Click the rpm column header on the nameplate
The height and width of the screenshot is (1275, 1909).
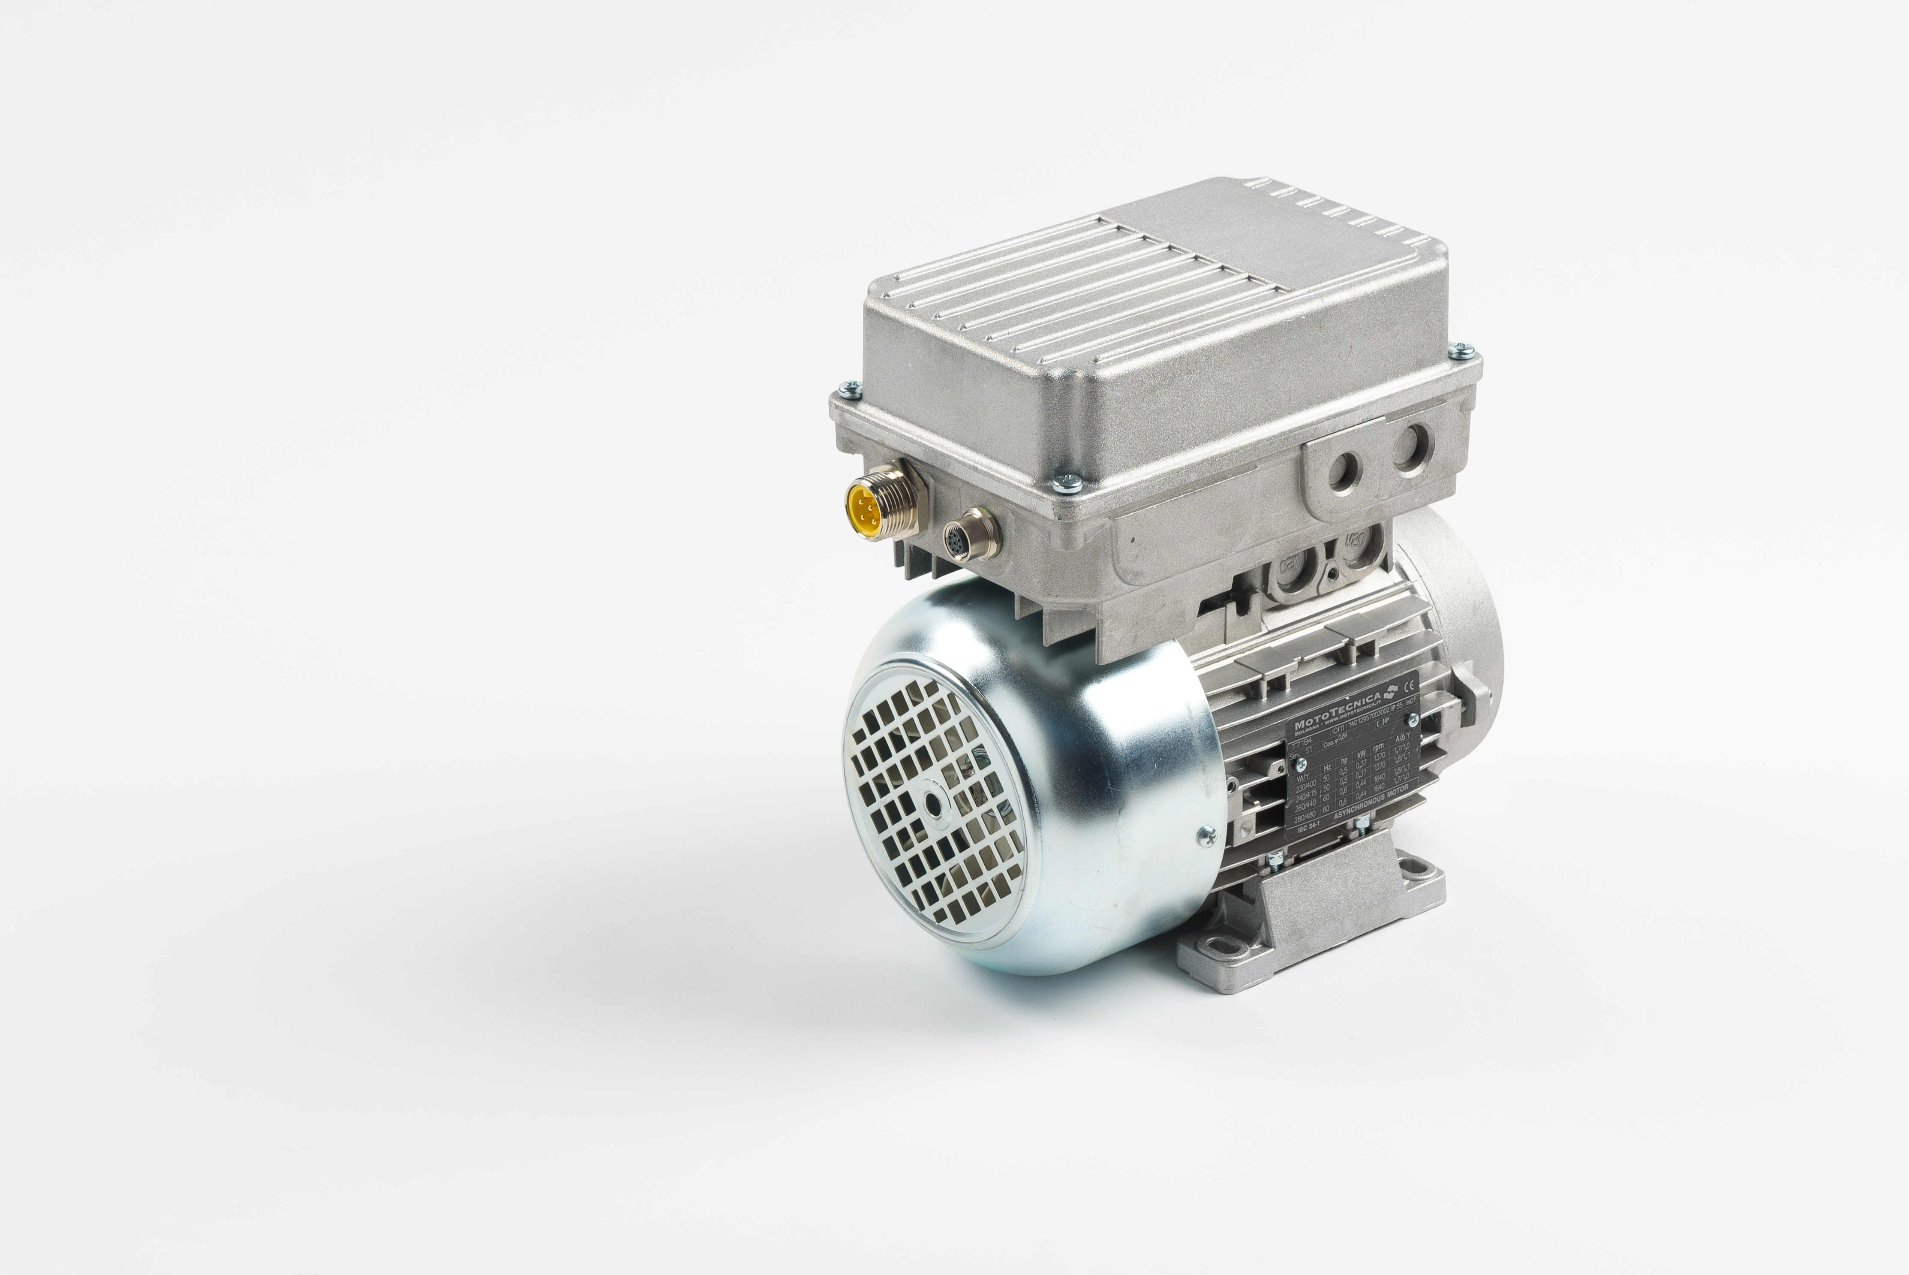point(1378,747)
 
